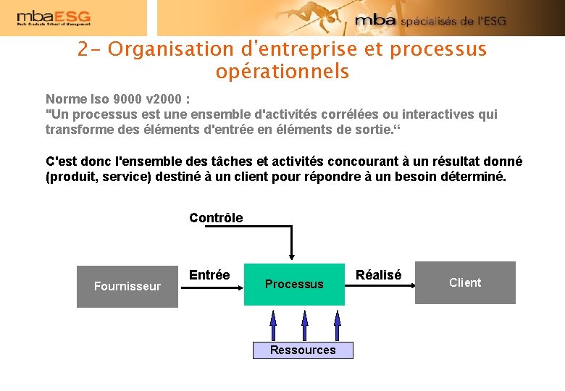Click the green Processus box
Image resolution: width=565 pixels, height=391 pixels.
pos(294,284)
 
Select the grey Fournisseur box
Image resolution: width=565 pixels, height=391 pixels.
pos(127,287)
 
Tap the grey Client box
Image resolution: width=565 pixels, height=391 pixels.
pos(465,282)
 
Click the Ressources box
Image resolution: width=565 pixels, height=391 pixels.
pos(303,350)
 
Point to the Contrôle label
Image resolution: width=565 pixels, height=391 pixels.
pos(216,218)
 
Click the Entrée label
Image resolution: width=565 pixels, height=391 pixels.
pos(209,275)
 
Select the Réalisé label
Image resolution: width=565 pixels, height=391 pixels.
pos(378,275)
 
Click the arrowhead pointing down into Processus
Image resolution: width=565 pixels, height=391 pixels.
pos(291,255)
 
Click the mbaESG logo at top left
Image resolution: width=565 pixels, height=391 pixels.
pos(54,18)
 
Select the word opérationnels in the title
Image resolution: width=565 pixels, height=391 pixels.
pos(282,72)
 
